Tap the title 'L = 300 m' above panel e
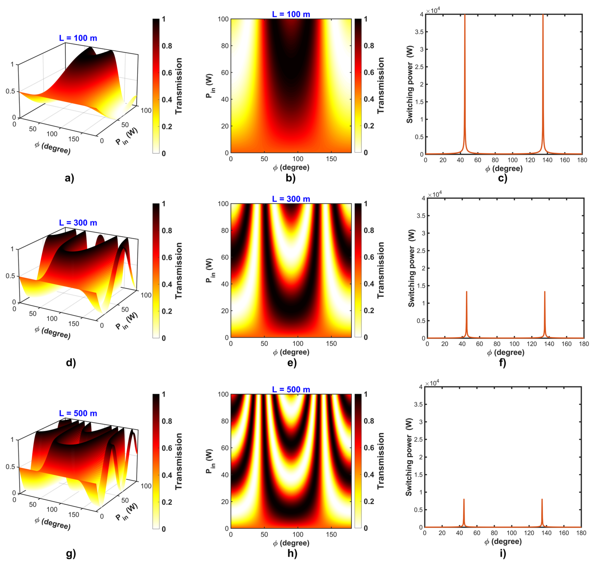(291, 199)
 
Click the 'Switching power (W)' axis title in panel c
(409, 85)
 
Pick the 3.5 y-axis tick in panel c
(419, 32)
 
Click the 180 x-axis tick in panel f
(584, 344)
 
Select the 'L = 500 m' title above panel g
(78, 413)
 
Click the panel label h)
(292, 553)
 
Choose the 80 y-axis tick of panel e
(225, 231)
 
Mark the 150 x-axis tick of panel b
(331, 159)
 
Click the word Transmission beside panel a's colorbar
(179, 86)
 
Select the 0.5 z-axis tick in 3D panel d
(10, 276)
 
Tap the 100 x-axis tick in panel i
(512, 533)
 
